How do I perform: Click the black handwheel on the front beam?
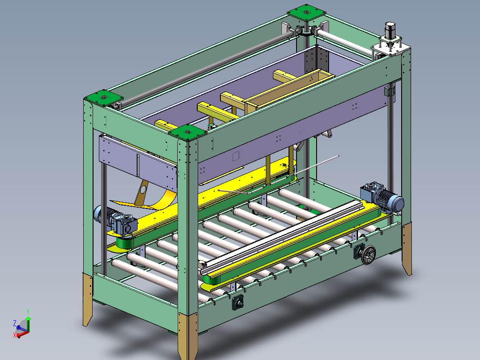[x=368, y=254]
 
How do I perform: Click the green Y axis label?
[x=28, y=311]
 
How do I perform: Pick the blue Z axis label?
[x=15, y=323]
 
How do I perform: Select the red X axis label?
[x=14, y=335]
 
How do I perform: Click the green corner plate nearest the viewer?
[x=187, y=133]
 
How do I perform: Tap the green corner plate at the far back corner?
[x=306, y=12]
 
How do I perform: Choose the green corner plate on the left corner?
[x=103, y=98]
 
